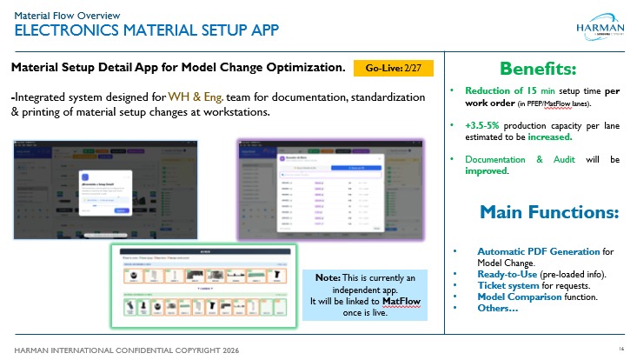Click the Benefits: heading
tap(539, 68)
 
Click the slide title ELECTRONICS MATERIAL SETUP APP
tap(144, 31)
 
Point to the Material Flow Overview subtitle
tap(66, 15)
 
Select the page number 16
tap(622, 348)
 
